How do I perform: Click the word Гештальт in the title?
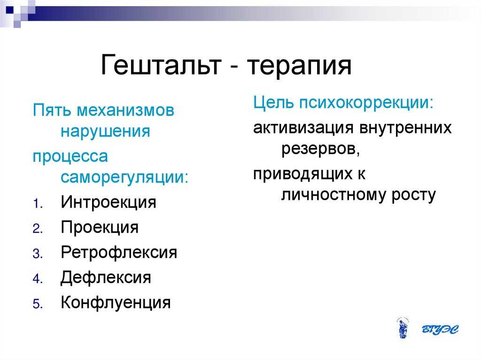pyautogui.click(x=161, y=65)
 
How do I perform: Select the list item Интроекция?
pyautogui.click(x=109, y=202)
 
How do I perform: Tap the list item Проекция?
pyautogui.click(x=100, y=228)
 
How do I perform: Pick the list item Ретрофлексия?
pyautogui.click(x=119, y=253)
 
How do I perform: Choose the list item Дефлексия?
pyautogui.click(x=106, y=278)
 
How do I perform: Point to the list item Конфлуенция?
pyautogui.click(x=116, y=303)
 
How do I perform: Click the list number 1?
pyautogui.click(x=38, y=204)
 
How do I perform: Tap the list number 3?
pyautogui.click(x=38, y=254)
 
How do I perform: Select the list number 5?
pyautogui.click(x=38, y=304)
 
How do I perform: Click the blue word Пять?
pyautogui.click(x=52, y=110)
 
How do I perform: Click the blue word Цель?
pyautogui.click(x=273, y=102)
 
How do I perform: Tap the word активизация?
pyautogui.click(x=303, y=128)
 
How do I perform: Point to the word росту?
pyautogui.click(x=413, y=195)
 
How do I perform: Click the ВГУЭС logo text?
pyautogui.click(x=440, y=329)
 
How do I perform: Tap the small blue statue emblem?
pyautogui.click(x=403, y=328)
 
